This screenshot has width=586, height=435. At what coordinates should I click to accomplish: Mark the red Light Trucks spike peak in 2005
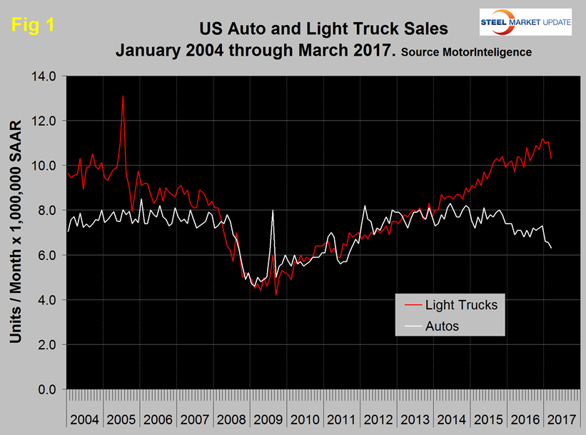click(x=123, y=96)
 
